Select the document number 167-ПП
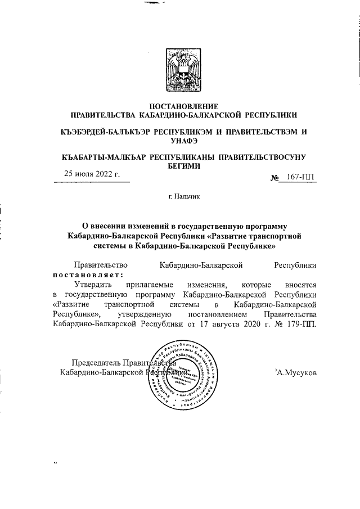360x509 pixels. pos(300,178)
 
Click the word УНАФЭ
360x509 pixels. pos(180,141)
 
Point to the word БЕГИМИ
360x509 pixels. pos(180,166)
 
